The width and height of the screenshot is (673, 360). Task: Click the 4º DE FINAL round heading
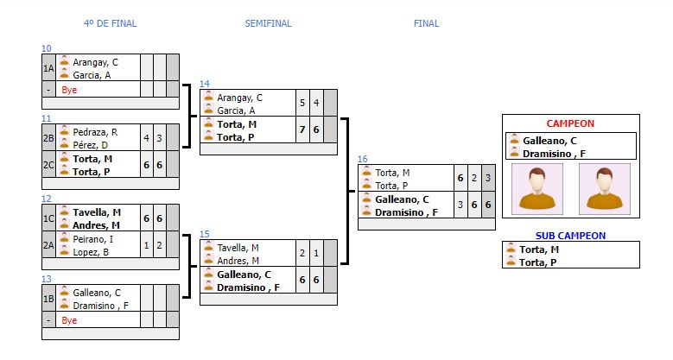pos(110,23)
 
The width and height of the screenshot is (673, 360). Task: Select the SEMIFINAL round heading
pos(268,23)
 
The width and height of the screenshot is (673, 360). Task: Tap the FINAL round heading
pos(426,23)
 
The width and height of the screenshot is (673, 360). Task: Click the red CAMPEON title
pos(570,123)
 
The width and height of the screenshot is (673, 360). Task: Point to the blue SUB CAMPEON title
pos(570,235)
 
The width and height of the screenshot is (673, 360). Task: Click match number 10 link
pos(47,48)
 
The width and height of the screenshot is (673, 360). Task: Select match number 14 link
pos(205,84)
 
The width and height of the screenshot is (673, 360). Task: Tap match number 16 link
pos(363,159)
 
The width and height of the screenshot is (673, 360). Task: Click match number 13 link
pos(47,279)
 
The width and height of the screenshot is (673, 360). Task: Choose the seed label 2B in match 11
pos(48,138)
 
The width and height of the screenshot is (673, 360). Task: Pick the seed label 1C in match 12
pos(48,218)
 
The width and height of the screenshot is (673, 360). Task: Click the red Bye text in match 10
pos(69,89)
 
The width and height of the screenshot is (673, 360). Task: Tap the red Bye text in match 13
pos(69,319)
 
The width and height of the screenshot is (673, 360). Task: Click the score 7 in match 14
pos(302,129)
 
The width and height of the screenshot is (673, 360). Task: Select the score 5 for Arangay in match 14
pos(302,104)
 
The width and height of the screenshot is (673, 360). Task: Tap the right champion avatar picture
pos(604,189)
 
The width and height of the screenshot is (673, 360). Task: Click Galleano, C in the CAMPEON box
pos(549,140)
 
